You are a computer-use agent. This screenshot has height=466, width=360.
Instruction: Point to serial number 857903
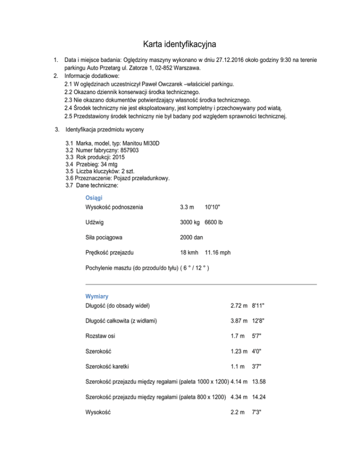point(127,150)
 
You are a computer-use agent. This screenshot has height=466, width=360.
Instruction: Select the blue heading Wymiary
point(97,296)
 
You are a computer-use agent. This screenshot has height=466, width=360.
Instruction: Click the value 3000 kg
point(189,223)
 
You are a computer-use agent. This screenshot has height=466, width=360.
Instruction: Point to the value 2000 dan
point(191,237)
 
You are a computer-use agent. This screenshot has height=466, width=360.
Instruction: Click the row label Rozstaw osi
point(101,336)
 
